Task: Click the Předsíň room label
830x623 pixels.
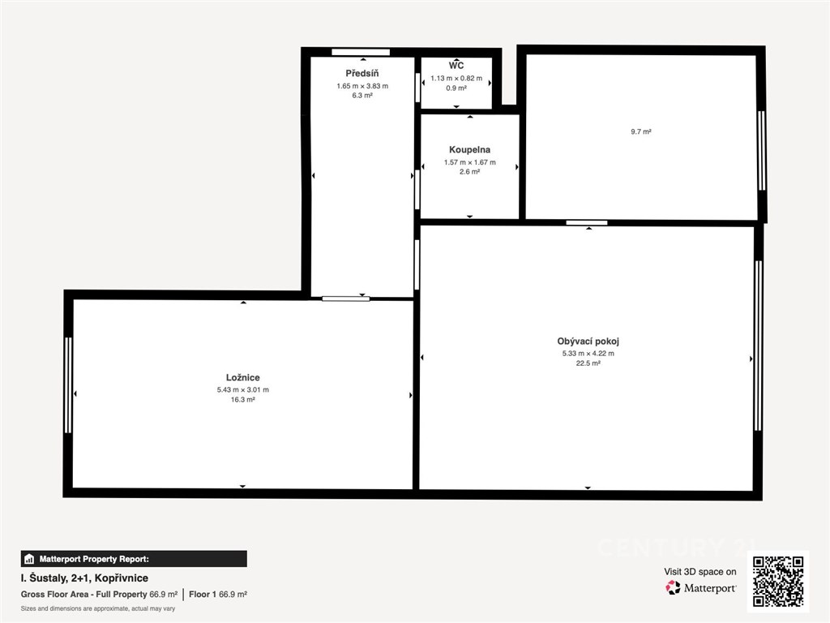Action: pyautogui.click(x=362, y=74)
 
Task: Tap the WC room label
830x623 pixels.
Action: pyautogui.click(x=456, y=65)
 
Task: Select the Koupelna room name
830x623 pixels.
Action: pyautogui.click(x=469, y=150)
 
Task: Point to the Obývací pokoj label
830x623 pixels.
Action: pyautogui.click(x=588, y=342)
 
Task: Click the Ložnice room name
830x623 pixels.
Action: pyautogui.click(x=243, y=378)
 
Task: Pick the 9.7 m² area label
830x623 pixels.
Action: pyautogui.click(x=641, y=131)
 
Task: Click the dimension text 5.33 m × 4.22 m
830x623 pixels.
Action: pyautogui.click(x=588, y=354)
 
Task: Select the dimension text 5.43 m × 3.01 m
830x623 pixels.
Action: pyautogui.click(x=243, y=390)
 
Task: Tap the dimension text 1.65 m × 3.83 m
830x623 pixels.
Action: pyautogui.click(x=362, y=86)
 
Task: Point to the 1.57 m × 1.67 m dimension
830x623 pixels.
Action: pyautogui.click(x=470, y=162)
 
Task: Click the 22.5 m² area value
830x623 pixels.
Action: pyautogui.click(x=588, y=363)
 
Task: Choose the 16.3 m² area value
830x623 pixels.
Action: pyautogui.click(x=243, y=400)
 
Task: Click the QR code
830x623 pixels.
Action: pyautogui.click(x=778, y=581)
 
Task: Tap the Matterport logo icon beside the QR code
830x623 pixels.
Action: pyautogui.click(x=673, y=587)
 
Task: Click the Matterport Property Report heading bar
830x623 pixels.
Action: pyautogui.click(x=134, y=559)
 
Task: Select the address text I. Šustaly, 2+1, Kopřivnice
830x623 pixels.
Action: pyautogui.click(x=84, y=578)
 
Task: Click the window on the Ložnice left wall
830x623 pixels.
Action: pyautogui.click(x=68, y=385)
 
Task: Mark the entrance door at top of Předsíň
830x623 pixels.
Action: pyautogui.click(x=361, y=52)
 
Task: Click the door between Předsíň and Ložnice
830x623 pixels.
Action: pyautogui.click(x=345, y=299)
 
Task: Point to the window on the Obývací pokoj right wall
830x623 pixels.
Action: pyautogui.click(x=758, y=346)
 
